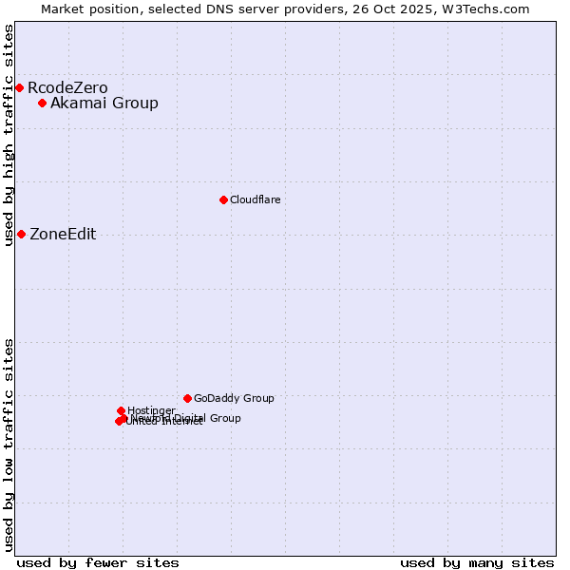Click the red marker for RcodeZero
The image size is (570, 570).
(x=19, y=88)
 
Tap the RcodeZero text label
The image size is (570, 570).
(x=67, y=88)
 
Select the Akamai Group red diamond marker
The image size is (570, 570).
(x=43, y=103)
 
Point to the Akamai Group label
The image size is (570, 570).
(x=104, y=104)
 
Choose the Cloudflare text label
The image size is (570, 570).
(x=255, y=199)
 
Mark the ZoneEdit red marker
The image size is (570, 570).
(x=21, y=234)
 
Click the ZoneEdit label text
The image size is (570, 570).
(x=63, y=235)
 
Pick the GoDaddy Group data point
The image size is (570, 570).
(x=188, y=398)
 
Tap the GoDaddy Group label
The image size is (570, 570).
(x=234, y=398)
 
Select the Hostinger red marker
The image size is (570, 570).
(x=122, y=410)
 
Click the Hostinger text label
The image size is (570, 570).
(x=151, y=410)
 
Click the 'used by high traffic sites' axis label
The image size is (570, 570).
(x=9, y=135)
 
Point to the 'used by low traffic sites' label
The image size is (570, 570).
(x=9, y=445)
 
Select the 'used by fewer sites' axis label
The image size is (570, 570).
(x=98, y=562)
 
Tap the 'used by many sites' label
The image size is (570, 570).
(x=477, y=562)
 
